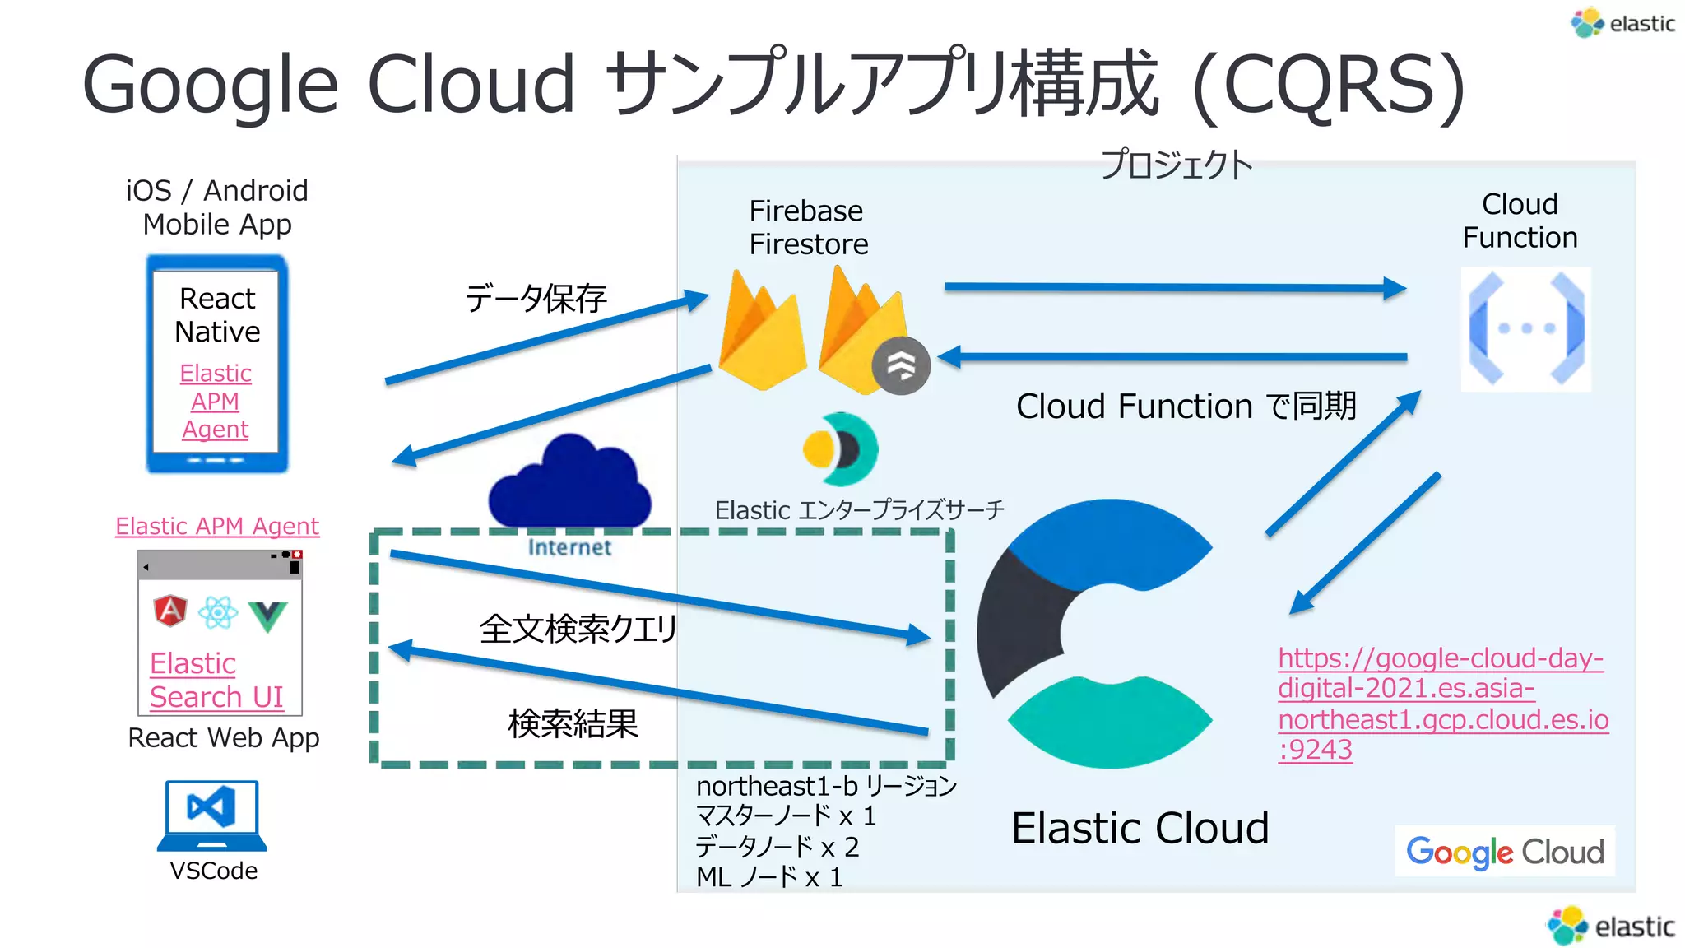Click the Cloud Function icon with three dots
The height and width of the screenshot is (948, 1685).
pyautogui.click(x=1526, y=328)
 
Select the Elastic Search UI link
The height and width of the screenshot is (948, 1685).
pyautogui.click(x=216, y=680)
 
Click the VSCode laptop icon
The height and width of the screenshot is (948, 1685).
pyautogui.click(x=212, y=815)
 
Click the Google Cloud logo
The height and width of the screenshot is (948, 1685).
pyautogui.click(x=1505, y=852)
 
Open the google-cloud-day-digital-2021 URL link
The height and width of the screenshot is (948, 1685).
pyautogui.click(x=1441, y=704)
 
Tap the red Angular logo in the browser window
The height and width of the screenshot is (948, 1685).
pyautogui.click(x=170, y=611)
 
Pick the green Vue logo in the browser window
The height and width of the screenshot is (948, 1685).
pyautogui.click(x=268, y=616)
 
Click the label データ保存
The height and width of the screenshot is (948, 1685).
pyautogui.click(x=536, y=298)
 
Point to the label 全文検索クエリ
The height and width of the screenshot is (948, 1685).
pyautogui.click(x=578, y=629)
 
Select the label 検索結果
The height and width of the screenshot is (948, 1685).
pyautogui.click(x=573, y=724)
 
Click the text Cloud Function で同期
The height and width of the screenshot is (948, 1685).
pyautogui.click(x=1185, y=407)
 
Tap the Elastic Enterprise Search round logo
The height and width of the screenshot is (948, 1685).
pyautogui.click(x=840, y=449)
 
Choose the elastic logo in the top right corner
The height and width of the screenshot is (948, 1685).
pyautogui.click(x=1622, y=23)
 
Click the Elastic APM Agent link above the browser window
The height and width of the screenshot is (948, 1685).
pyautogui.click(x=217, y=526)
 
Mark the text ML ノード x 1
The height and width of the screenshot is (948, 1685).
pyautogui.click(x=769, y=877)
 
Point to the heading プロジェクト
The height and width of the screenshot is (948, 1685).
pyautogui.click(x=1177, y=165)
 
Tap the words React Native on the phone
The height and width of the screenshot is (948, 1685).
pyautogui.click(x=217, y=314)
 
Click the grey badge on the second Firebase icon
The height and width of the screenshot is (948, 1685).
pyautogui.click(x=901, y=365)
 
